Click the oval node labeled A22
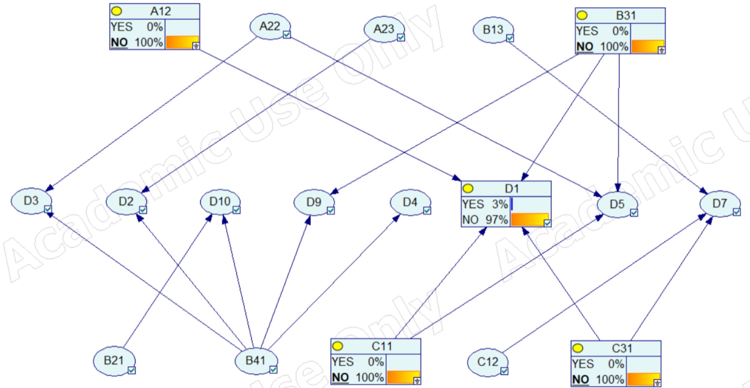[x=270, y=26]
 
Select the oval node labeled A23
[x=383, y=29]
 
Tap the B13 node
[x=493, y=30]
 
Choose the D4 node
[x=410, y=202]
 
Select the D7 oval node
[x=719, y=204]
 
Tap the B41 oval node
[x=255, y=360]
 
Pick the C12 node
[x=487, y=362]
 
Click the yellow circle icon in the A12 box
[x=116, y=11]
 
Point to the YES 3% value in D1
[x=485, y=205]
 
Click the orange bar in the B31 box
[x=647, y=46]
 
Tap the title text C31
[x=622, y=348]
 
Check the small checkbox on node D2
[x=143, y=210]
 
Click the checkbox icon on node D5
[x=634, y=213]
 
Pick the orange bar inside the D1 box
[x=528, y=219]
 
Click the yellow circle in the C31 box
[x=578, y=348]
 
